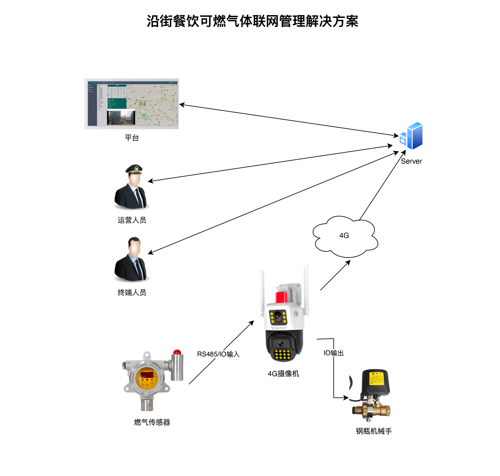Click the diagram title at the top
tap(252, 21)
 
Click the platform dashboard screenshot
tap(132, 104)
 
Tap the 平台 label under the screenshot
tap(132, 138)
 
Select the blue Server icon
tap(411, 136)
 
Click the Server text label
tap(411, 161)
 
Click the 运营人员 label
tap(132, 220)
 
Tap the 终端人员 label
tap(132, 293)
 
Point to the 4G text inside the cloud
tap(344, 235)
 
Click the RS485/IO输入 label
tap(218, 354)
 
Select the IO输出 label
tap(333, 353)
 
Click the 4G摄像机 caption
tap(283, 373)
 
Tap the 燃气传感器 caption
tap(152, 422)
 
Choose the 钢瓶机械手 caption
tap(374, 431)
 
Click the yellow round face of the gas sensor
tap(147, 378)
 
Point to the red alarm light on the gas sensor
tap(177, 352)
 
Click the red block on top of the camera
tap(281, 297)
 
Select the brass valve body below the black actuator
tap(371, 410)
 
